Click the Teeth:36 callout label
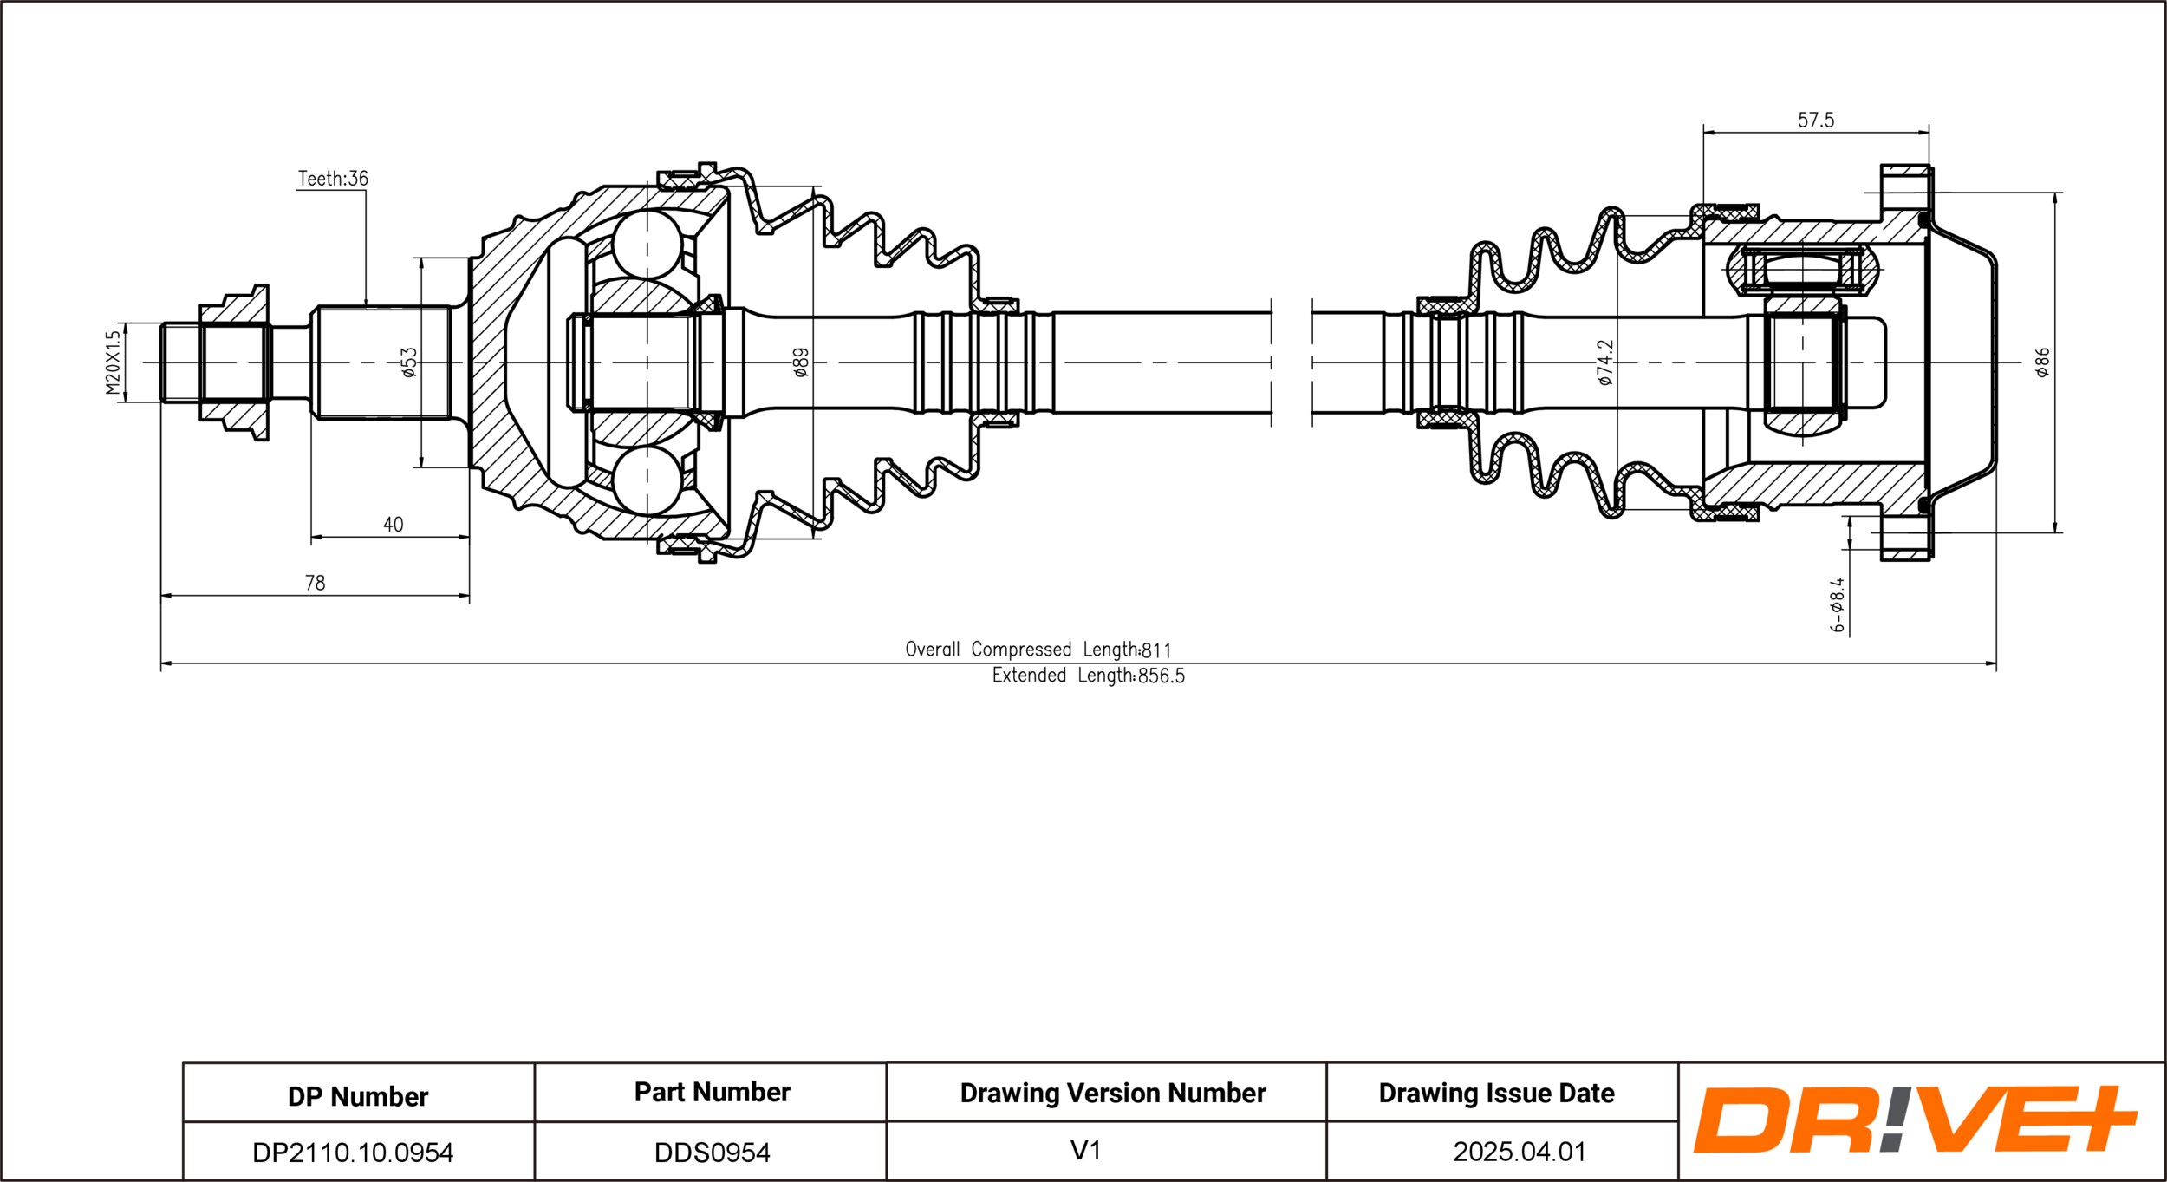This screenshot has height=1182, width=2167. pos(333,179)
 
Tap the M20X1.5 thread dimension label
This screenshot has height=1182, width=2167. pos(113,362)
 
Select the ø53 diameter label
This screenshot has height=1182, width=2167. pos(409,362)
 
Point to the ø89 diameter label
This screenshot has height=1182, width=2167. pos(801,362)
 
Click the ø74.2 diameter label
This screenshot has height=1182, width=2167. pos(1605,362)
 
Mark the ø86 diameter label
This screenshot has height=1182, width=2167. pos(2042,362)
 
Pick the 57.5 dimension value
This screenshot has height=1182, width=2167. pos(1815,121)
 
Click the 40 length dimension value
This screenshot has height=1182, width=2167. pos(393,525)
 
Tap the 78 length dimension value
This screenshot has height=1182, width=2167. pos(315,584)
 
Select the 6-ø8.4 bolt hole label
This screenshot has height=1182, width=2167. pos(1838,605)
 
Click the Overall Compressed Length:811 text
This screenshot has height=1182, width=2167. pos(1038,650)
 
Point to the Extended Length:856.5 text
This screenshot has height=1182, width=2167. pos(1088,676)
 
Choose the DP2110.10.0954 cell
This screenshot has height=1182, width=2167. pos(353,1153)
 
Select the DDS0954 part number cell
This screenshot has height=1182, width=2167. pos(712,1153)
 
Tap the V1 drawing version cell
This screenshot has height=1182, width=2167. pos(1085,1151)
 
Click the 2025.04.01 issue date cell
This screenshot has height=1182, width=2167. pos(1520,1152)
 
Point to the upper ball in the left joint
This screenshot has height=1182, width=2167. pos(647,244)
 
